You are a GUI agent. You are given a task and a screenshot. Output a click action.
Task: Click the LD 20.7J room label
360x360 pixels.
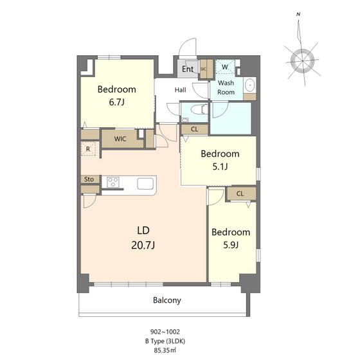coord(143,238)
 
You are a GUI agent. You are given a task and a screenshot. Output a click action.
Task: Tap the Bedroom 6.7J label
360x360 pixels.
coord(116,96)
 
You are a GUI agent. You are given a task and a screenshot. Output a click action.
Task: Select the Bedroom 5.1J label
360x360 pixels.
coord(220,160)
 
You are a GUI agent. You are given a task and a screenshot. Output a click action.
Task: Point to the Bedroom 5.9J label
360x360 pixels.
coord(231,239)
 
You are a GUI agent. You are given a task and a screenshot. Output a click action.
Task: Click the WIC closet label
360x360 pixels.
coord(120,139)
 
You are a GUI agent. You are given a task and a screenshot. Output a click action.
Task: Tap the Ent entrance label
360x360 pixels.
coord(188,69)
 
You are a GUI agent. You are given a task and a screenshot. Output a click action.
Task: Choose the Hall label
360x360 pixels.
coord(180,90)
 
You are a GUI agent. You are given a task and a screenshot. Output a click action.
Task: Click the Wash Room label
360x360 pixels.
coord(226,87)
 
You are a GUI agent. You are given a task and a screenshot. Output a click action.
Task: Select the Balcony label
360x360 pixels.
coord(167,300)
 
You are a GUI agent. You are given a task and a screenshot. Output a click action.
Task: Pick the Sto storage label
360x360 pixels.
coord(89,179)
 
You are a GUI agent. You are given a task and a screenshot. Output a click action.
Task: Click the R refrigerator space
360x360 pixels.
coord(88,148)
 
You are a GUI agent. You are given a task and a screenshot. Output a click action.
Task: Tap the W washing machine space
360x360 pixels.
coord(225,67)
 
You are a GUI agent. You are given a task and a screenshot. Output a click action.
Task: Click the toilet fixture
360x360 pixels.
coord(199,109)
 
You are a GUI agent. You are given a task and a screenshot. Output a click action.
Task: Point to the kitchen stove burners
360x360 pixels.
coord(113,183)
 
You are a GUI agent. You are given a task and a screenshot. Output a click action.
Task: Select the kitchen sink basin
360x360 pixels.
coord(145,184)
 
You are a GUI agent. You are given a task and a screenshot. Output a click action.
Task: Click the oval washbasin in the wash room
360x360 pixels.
coord(249,85)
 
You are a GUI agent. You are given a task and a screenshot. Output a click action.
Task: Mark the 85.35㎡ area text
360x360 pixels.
coord(165,350)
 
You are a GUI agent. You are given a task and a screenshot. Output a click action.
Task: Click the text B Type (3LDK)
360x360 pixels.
coord(165,341)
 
